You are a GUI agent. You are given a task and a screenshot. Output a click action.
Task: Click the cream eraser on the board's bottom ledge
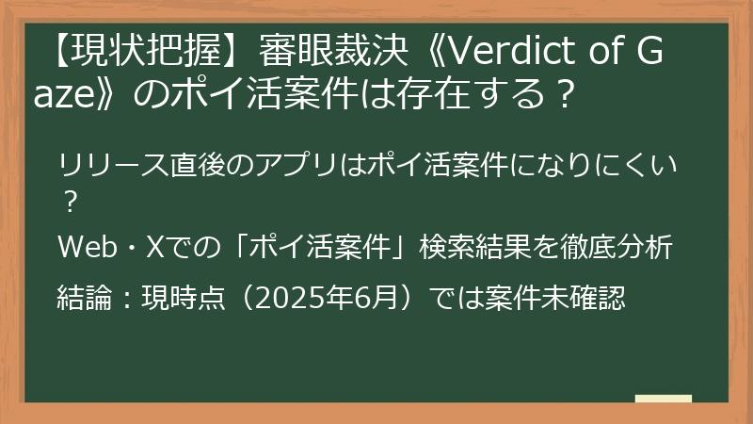[x=663, y=399]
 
